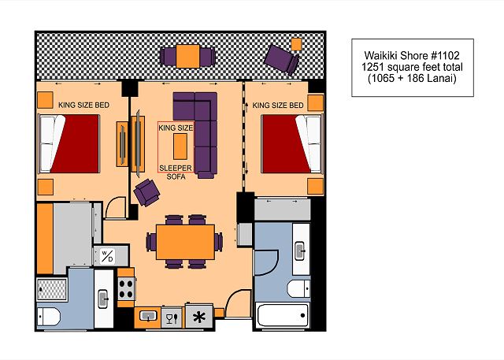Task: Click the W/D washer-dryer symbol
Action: coord(107,256)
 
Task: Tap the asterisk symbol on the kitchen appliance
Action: coord(199,317)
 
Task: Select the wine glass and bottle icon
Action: coord(172,318)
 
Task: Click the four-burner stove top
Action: coord(126,288)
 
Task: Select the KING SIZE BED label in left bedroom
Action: coord(84,105)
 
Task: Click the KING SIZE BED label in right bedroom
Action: coord(278,105)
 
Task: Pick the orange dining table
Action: coord(186,242)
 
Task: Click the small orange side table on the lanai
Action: coord(296,44)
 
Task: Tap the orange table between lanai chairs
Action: coord(187,56)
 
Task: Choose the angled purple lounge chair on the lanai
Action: coord(282,60)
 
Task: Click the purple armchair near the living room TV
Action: coord(146,192)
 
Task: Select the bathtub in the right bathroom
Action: coord(283,315)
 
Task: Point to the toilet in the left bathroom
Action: coord(48,317)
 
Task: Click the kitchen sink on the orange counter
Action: coord(148,316)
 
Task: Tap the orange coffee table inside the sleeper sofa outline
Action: coord(180,147)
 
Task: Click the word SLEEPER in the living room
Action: coord(176,168)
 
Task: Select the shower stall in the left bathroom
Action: coord(52,289)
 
